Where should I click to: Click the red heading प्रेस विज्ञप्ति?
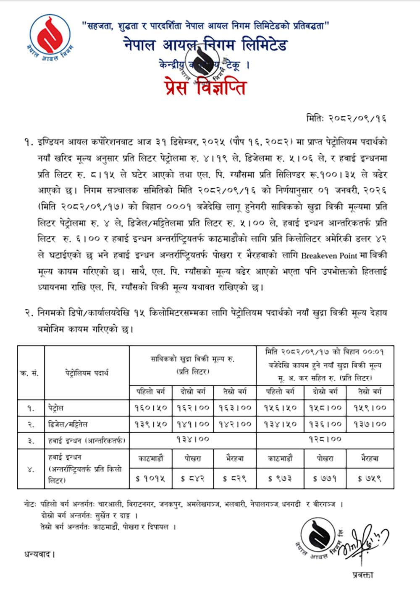(205, 87)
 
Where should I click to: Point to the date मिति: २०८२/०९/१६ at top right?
(346, 119)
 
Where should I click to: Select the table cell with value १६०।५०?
(150, 408)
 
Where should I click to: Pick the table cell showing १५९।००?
(370, 408)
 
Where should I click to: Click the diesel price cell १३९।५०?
(150, 424)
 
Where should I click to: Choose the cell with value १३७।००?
(370, 424)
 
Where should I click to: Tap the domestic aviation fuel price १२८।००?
(325, 439)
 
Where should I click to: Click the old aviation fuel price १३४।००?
(193, 439)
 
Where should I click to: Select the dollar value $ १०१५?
(150, 478)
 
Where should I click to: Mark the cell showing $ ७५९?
(370, 478)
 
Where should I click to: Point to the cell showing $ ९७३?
(280, 478)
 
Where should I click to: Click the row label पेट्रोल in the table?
(56, 408)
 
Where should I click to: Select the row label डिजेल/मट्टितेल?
(68, 424)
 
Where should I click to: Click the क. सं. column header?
(30, 373)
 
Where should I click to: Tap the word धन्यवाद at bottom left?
(39, 555)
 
